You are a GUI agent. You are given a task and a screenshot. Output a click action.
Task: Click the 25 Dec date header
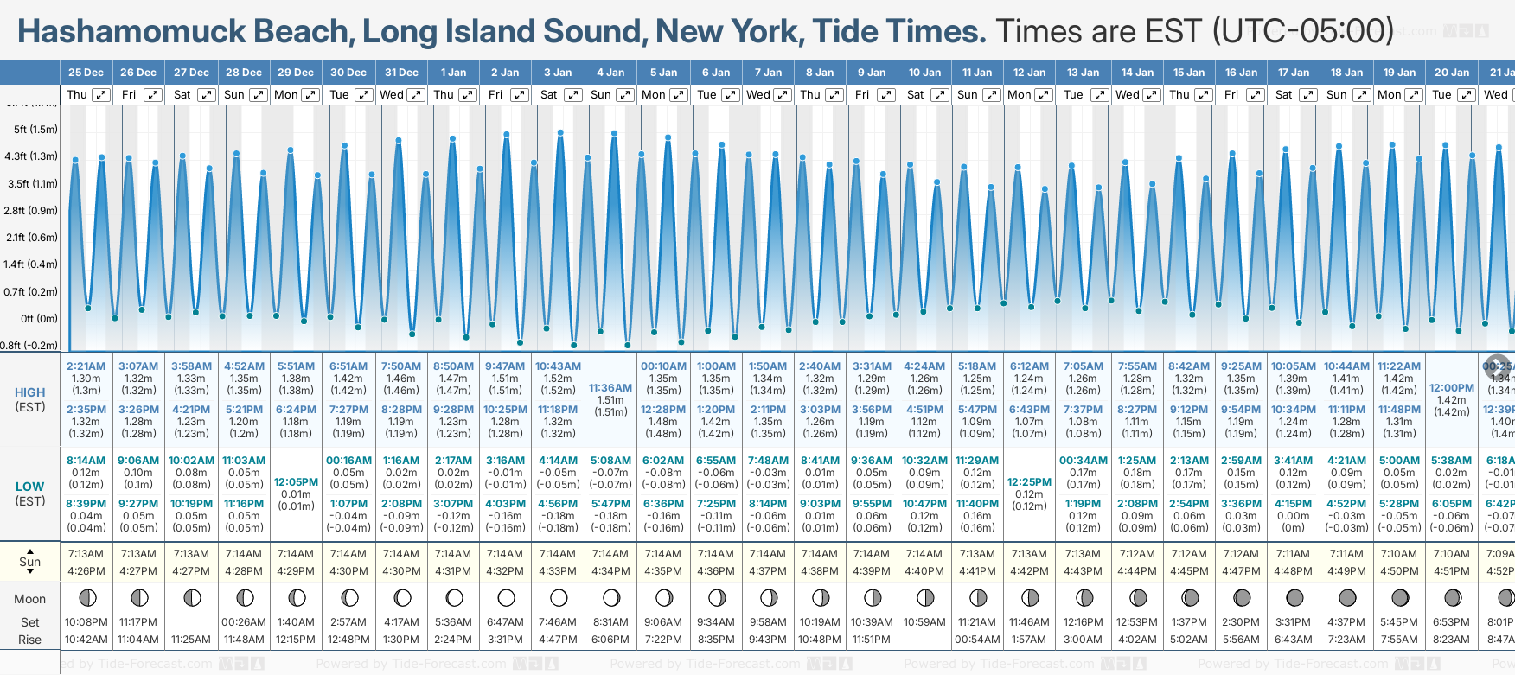coord(86,73)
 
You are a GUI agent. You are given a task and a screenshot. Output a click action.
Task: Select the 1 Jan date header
coord(453,73)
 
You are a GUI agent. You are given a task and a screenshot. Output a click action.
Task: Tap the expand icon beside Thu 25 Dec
coord(101,95)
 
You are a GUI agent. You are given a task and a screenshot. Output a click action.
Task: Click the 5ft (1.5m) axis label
coord(35,130)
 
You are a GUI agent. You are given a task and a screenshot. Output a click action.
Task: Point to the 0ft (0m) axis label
coord(39,318)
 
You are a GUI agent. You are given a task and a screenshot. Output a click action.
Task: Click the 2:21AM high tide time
coord(86,366)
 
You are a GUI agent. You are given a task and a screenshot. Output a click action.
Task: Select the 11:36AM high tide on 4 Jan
coord(610,388)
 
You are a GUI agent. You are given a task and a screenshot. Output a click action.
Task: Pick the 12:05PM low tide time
coord(296,482)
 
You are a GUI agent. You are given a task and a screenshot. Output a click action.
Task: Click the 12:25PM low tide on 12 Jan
coord(1029,482)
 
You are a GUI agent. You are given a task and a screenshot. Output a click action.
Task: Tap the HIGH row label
coord(30,392)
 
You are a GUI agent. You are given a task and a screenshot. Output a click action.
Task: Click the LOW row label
coord(30,487)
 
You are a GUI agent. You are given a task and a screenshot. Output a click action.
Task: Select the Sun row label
coord(30,562)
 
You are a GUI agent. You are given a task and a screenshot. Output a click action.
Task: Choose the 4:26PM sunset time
coord(86,571)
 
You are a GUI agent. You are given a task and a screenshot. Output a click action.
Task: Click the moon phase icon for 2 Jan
coord(507,597)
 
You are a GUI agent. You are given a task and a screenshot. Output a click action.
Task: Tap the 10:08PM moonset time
coord(86,622)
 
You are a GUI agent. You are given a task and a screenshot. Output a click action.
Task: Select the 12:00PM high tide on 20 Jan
coord(1451,388)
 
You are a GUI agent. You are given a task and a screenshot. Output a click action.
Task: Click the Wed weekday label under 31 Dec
coord(392,95)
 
